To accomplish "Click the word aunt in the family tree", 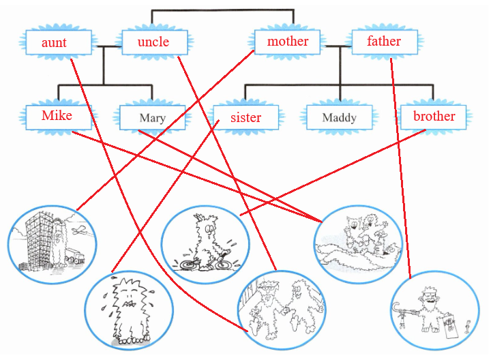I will [x=54, y=43].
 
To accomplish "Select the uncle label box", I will [x=153, y=42].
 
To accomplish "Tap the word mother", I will [x=287, y=42].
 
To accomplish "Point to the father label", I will [x=383, y=42].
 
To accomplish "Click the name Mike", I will [x=57, y=115].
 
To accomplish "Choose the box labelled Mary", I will [x=152, y=118].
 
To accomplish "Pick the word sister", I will [x=245, y=118].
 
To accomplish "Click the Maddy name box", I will [x=339, y=118].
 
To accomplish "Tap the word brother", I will [x=434, y=117].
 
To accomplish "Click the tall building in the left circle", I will [x=35, y=239].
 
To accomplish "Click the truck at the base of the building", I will [x=73, y=258].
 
